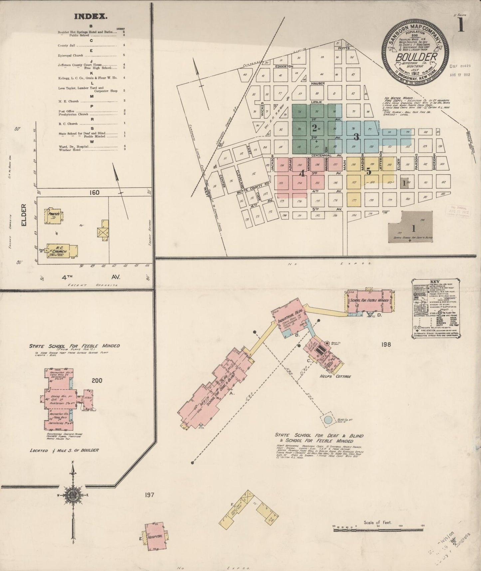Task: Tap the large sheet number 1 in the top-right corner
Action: [x=461, y=25]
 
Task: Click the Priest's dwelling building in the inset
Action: [x=53, y=215]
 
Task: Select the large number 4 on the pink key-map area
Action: [x=302, y=173]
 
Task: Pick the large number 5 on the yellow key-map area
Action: [x=368, y=171]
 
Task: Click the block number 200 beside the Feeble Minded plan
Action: [x=98, y=381]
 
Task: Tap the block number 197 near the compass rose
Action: [x=149, y=495]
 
